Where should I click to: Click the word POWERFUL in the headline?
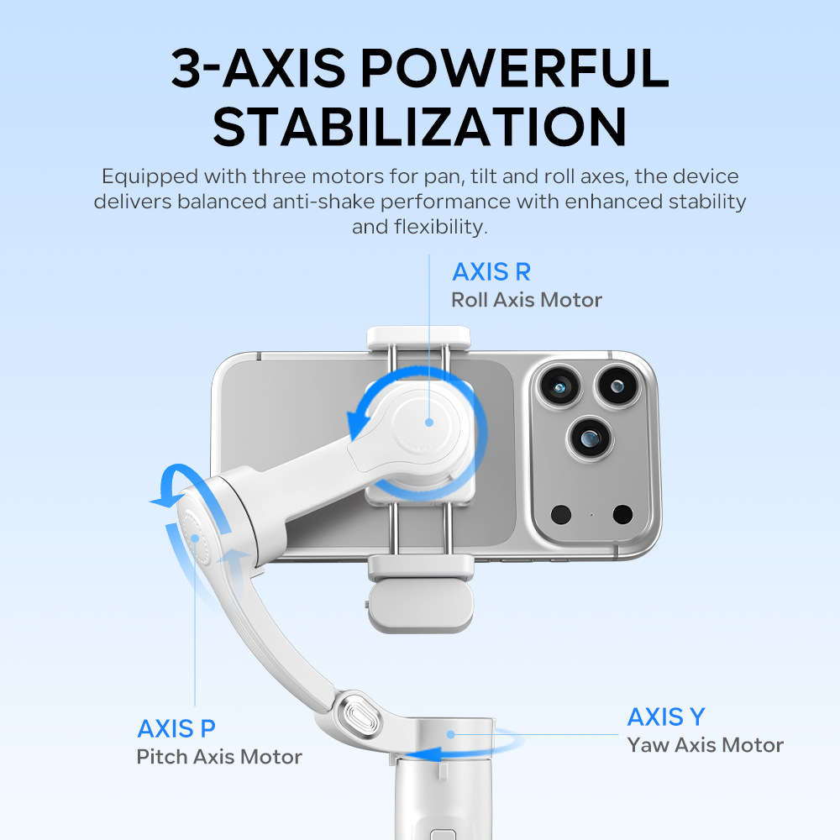pos(514,68)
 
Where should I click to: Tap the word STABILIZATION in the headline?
pos(420,127)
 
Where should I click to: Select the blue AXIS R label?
pos(491,271)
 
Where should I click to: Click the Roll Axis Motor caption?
pos(527,300)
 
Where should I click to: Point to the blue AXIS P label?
pos(176,728)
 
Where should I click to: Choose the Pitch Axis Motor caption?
pos(219,757)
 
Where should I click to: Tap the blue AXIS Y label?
pos(666,717)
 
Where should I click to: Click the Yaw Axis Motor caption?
pos(705,745)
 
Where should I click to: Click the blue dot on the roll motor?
pos(429,423)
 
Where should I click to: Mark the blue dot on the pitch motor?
pos(196,538)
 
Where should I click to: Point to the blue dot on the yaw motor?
pos(451,734)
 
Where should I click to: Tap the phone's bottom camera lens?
pos(590,438)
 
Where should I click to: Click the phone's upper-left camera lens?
pos(559,386)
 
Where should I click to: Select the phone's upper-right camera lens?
pos(617,386)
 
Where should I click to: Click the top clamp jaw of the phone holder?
pos(418,338)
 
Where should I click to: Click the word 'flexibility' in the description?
pos(440,227)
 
